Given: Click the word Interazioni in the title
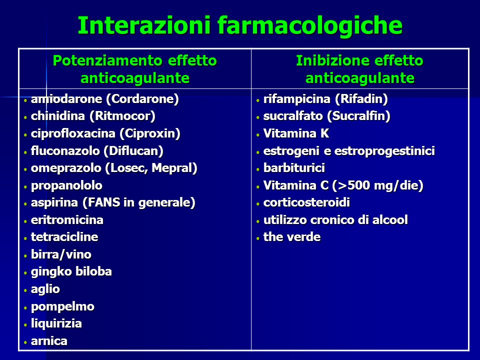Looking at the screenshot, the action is click(x=144, y=25).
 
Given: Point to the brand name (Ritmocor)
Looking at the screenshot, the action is click(x=122, y=116).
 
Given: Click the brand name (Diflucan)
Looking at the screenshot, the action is click(x=133, y=151).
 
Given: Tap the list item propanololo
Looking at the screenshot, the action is click(x=66, y=186).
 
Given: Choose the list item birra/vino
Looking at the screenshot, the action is click(x=61, y=254).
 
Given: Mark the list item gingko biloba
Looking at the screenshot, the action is click(x=71, y=272).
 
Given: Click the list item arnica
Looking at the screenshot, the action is click(x=49, y=341).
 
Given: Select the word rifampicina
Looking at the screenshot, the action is click(x=297, y=99).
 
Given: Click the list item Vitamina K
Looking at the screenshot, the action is click(x=296, y=133).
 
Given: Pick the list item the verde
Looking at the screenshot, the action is click(x=291, y=237).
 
